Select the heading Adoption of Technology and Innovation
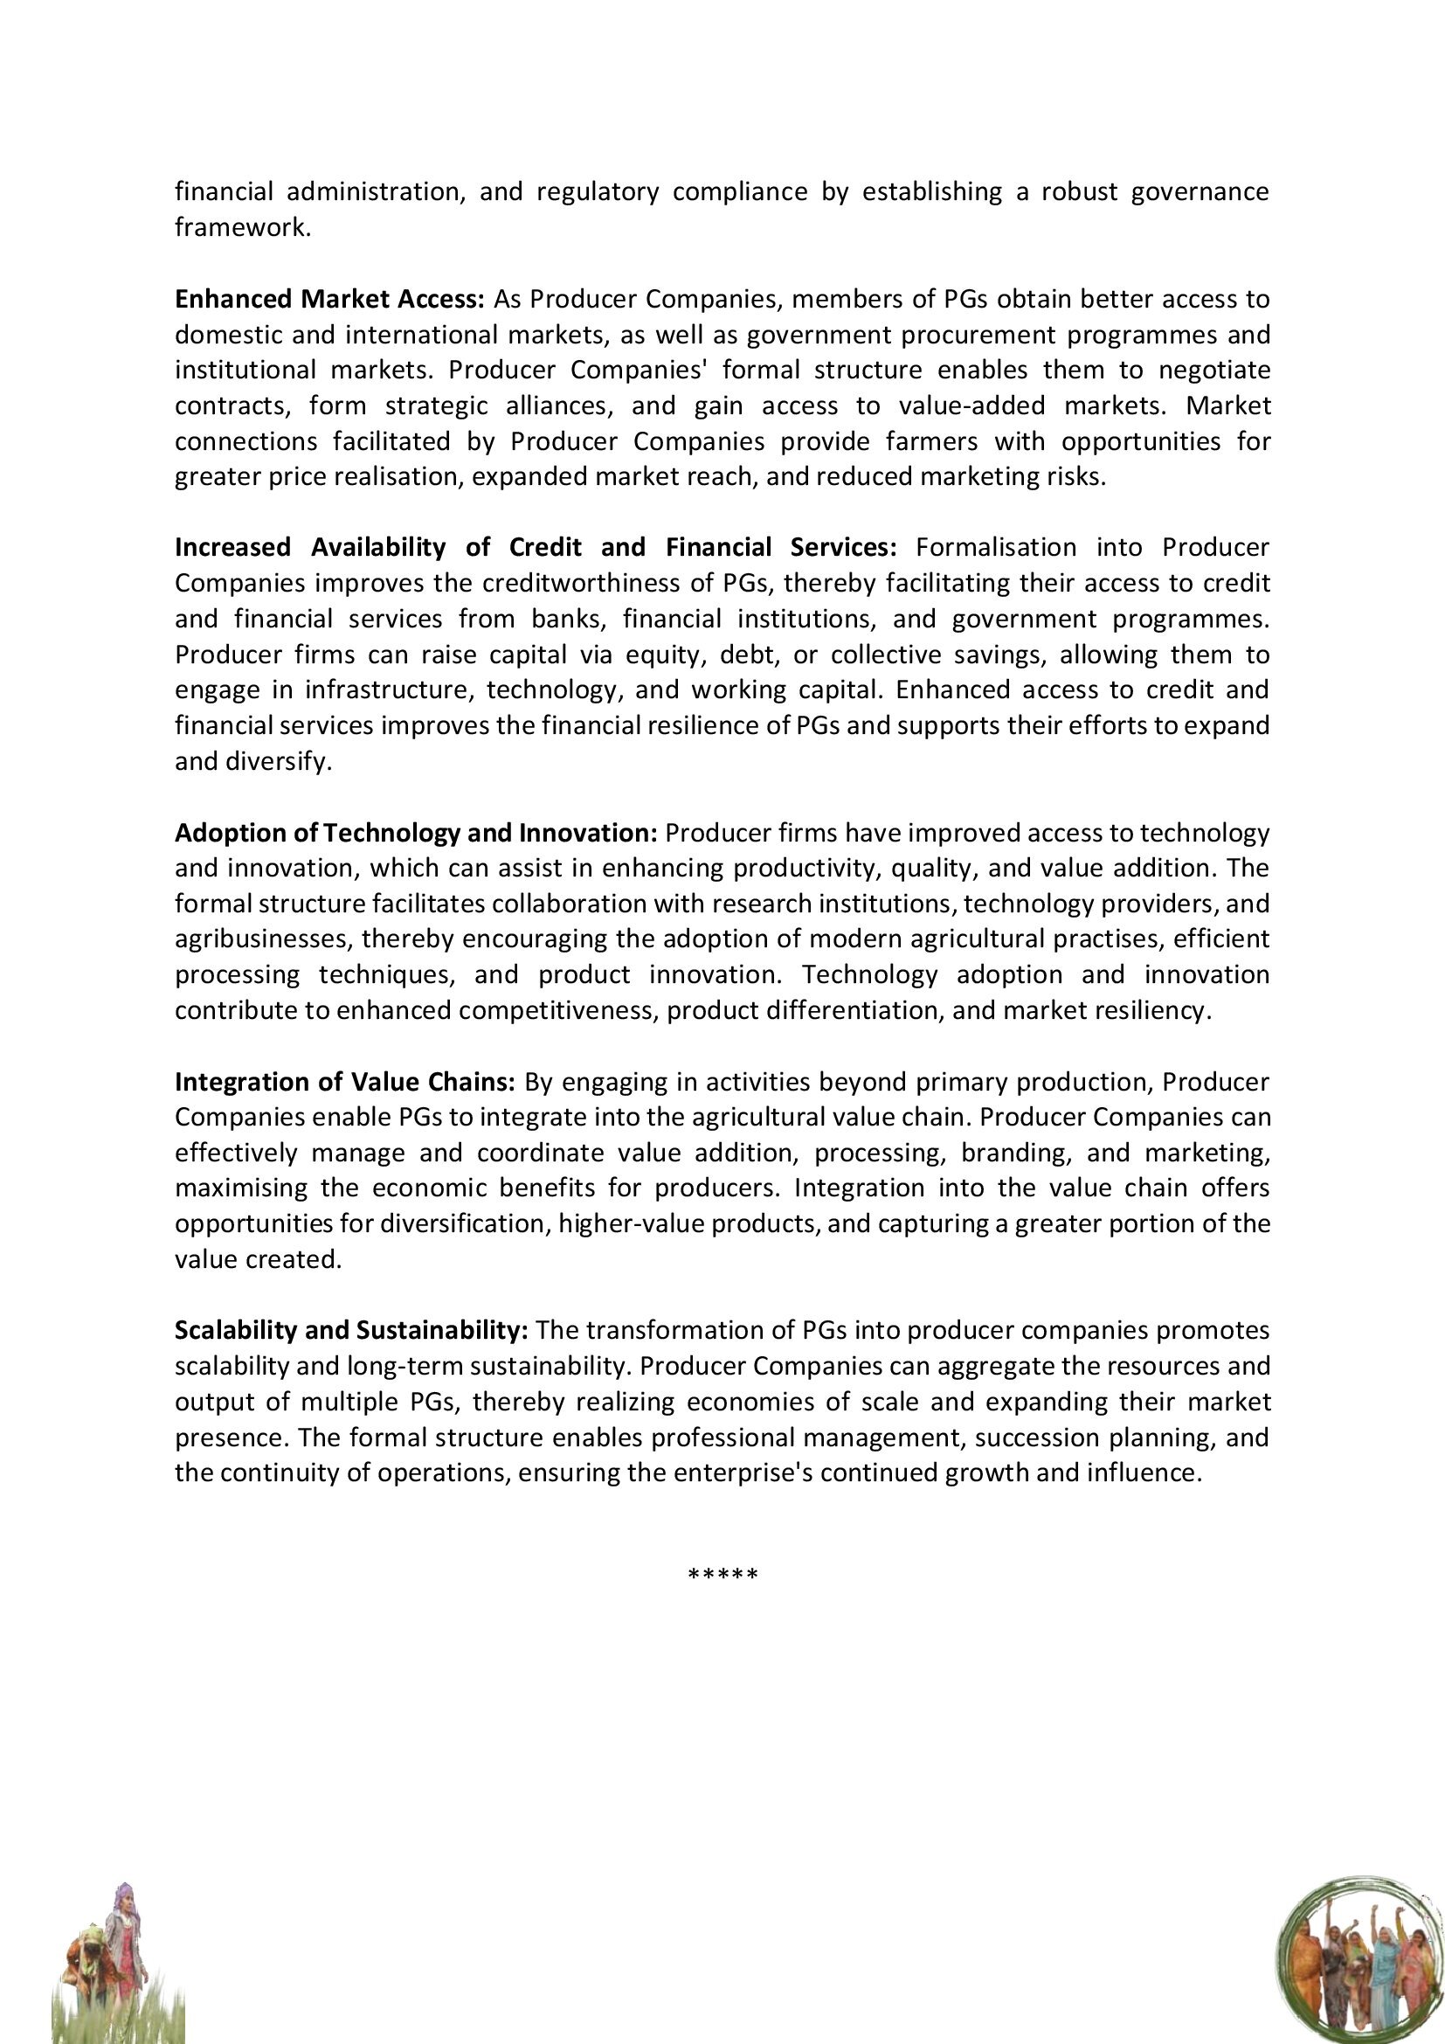point(416,833)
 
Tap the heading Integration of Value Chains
point(345,1082)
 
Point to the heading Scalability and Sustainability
point(351,1330)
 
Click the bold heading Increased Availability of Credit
point(536,548)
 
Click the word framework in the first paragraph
point(242,228)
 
